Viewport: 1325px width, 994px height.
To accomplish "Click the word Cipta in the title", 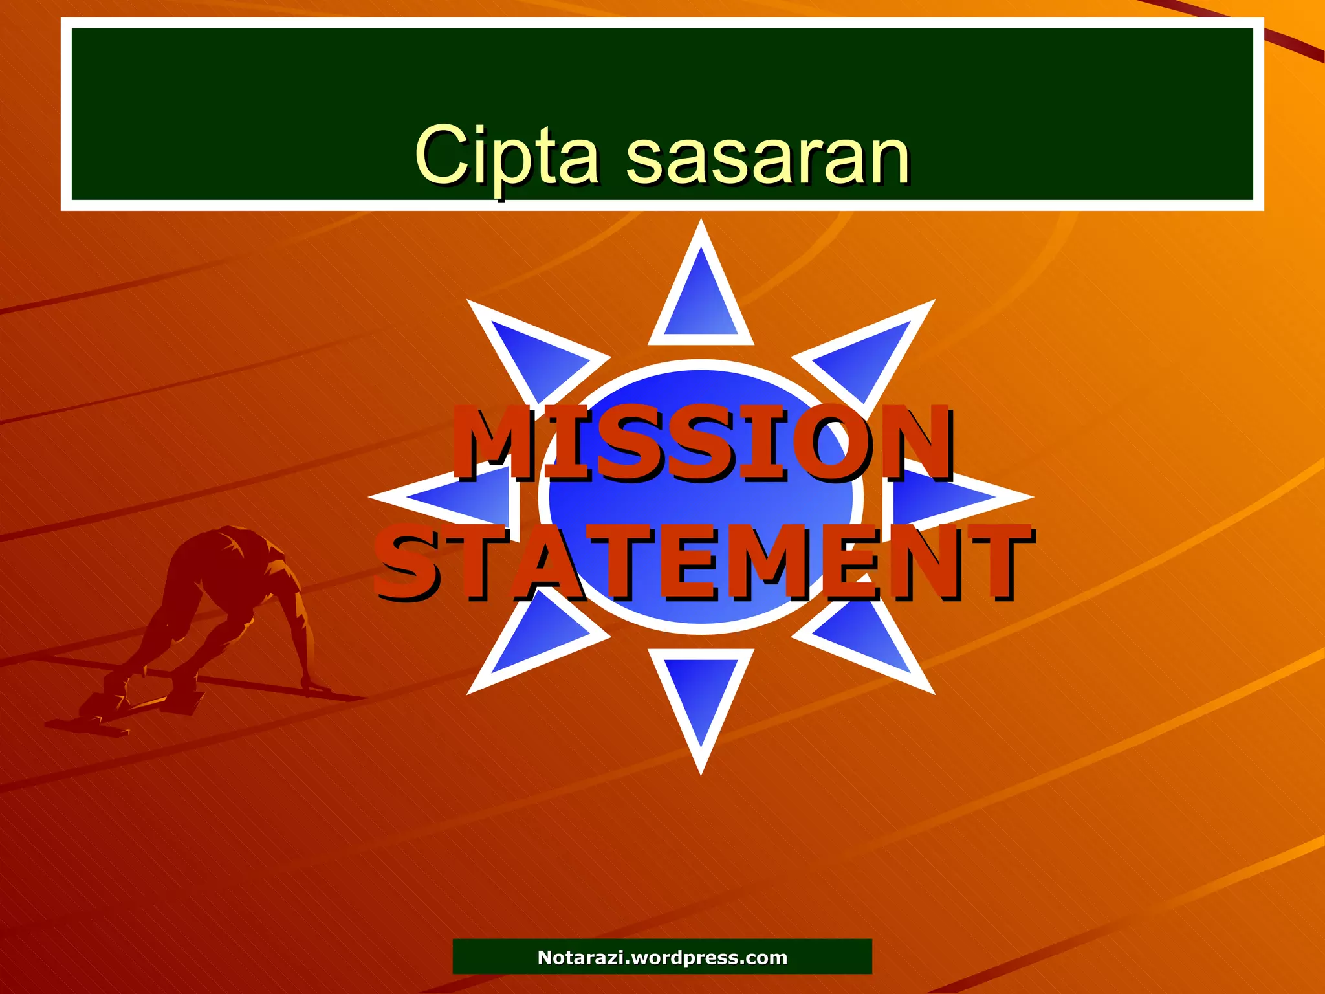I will [508, 155].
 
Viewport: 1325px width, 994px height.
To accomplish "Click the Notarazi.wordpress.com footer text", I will [662, 957].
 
